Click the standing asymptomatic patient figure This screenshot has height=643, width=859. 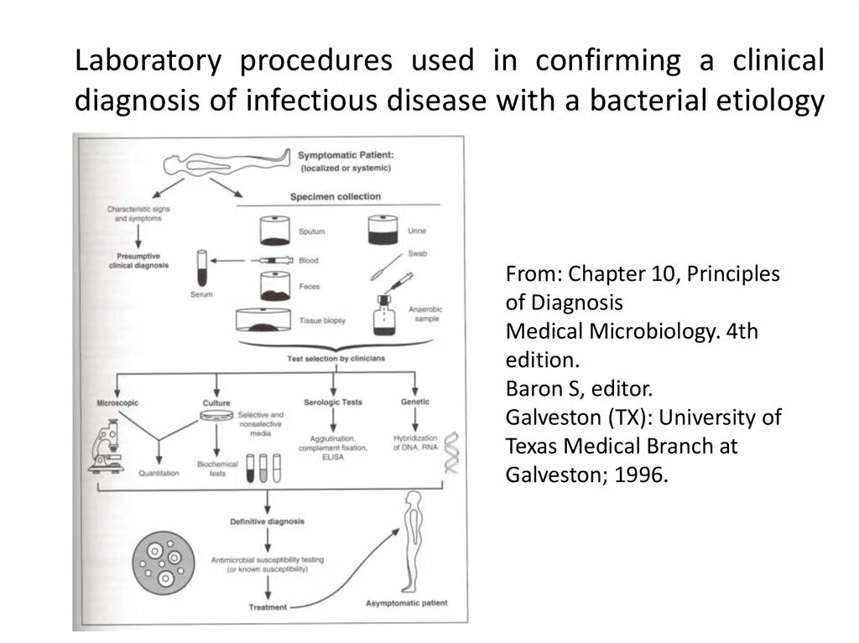click(x=411, y=541)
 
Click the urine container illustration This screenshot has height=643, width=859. click(x=383, y=231)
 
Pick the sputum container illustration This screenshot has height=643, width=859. click(x=272, y=230)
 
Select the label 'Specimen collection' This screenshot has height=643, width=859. click(x=335, y=197)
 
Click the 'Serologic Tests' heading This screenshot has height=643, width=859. click(x=335, y=402)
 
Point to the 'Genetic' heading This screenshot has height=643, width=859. click(x=414, y=402)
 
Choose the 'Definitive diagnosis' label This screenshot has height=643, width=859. click(x=268, y=521)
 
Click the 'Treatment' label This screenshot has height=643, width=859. click(x=268, y=606)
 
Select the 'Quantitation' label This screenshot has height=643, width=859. click(x=159, y=473)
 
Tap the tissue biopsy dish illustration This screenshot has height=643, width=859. click(x=268, y=321)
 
